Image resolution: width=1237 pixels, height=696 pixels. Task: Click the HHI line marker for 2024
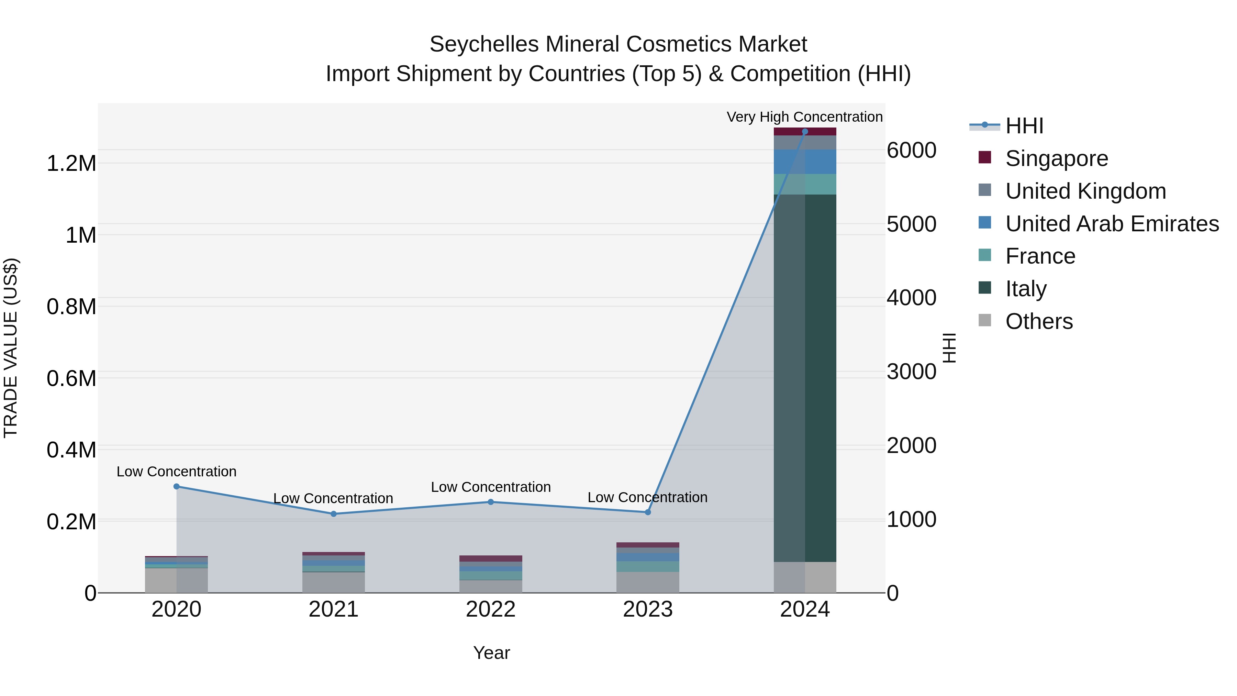coord(805,132)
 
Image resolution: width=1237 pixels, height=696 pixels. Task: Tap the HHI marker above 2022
coord(491,502)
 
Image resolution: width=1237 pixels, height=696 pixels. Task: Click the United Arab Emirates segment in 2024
coord(805,162)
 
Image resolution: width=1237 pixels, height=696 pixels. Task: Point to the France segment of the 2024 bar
coord(805,185)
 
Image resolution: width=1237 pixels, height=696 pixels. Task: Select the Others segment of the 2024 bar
coord(805,577)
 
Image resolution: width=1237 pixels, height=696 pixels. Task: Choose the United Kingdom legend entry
coord(1085,191)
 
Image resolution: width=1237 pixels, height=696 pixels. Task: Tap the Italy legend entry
coord(1026,289)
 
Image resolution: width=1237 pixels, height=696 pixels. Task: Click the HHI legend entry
coord(1024,126)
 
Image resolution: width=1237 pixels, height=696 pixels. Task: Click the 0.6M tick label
coord(71,378)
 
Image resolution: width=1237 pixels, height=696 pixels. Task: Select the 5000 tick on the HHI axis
coord(911,224)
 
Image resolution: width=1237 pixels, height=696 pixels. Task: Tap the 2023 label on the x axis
coord(648,609)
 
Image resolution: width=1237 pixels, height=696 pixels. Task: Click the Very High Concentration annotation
coord(804,117)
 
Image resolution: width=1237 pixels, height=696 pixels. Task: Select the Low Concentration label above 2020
coord(176,472)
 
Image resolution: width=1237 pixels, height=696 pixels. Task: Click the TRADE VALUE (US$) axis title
coord(11,348)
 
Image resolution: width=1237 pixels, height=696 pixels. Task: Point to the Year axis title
coord(491,653)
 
